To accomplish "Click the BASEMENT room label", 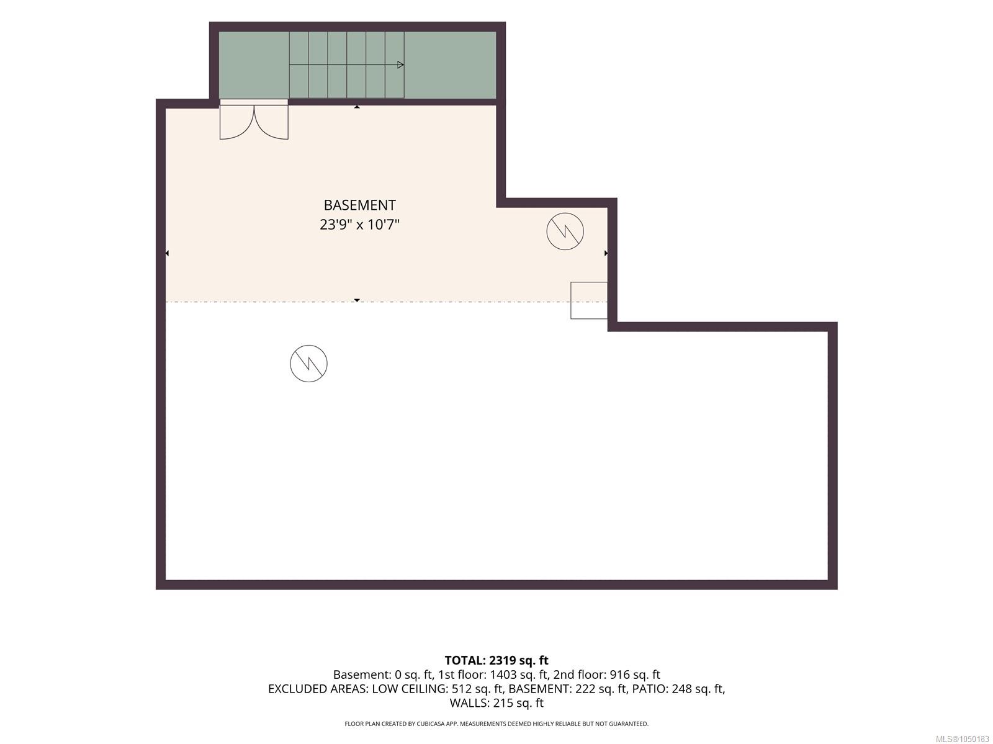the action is [x=359, y=205].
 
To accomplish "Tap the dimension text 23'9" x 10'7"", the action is [x=359, y=225].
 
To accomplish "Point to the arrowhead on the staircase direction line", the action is [x=400, y=65].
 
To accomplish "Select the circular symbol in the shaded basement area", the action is [x=565, y=231].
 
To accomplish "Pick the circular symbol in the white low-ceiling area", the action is [x=308, y=364].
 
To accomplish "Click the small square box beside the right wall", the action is [x=588, y=300].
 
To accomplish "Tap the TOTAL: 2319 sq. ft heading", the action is [x=496, y=660].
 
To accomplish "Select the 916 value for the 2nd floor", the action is [x=619, y=675].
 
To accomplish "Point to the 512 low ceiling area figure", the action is [x=462, y=689].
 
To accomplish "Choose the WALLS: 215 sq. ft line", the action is [x=496, y=703].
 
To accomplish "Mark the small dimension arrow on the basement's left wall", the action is [x=167, y=253].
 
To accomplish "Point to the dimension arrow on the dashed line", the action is [x=357, y=300].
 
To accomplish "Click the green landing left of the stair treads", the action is [x=254, y=65].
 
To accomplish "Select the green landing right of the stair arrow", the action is [x=450, y=65].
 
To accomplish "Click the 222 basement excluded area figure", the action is [x=584, y=689].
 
